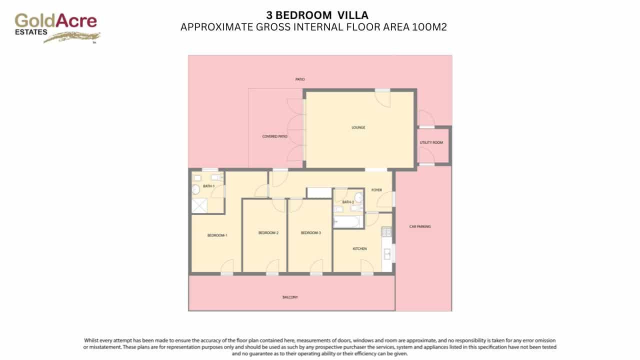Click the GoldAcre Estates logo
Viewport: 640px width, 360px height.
(x=56, y=27)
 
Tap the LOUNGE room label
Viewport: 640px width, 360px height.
(x=358, y=127)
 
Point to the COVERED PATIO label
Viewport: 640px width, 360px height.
(x=275, y=136)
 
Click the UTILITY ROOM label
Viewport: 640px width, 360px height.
(x=431, y=143)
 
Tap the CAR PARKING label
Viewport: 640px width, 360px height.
(x=420, y=226)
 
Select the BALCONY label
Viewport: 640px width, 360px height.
(x=290, y=297)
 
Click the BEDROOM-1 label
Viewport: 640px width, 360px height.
(x=217, y=235)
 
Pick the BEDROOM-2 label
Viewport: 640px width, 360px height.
(x=268, y=233)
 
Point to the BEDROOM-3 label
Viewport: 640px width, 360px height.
(x=311, y=233)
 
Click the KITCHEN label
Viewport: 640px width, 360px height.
(x=360, y=248)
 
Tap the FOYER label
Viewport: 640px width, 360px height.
(x=376, y=190)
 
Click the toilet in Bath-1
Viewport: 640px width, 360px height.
(x=195, y=189)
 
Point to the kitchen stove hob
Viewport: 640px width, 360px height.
(x=386, y=232)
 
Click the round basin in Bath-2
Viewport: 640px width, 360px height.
(x=358, y=196)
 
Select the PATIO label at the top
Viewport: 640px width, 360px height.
(x=300, y=79)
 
